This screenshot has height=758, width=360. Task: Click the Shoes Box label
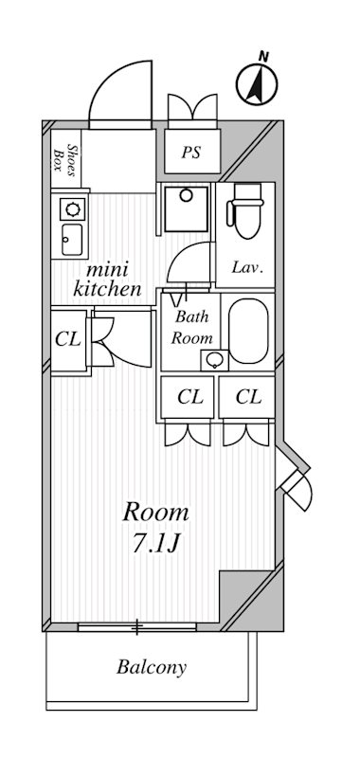point(63,156)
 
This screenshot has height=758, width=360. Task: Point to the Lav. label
point(247,268)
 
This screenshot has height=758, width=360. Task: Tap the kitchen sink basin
point(72,237)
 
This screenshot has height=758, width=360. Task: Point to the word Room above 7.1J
point(156,514)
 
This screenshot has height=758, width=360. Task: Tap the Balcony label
point(152,667)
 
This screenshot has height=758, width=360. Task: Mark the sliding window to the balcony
point(137,627)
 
